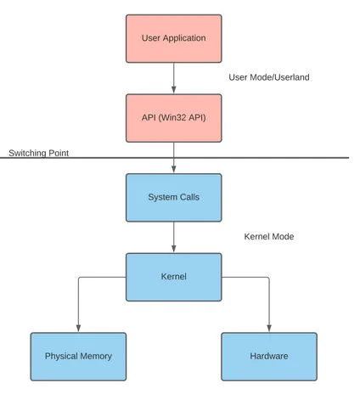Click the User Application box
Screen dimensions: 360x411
(174, 38)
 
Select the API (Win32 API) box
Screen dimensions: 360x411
(174, 118)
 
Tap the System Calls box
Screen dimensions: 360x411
(174, 198)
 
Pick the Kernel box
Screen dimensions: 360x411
(174, 277)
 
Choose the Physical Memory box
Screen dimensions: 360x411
(78, 357)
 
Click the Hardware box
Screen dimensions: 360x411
(269, 357)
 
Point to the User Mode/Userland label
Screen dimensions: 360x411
(269, 77)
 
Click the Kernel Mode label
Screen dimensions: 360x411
(269, 237)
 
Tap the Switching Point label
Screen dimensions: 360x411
(39, 153)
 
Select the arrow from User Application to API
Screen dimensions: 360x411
(174, 78)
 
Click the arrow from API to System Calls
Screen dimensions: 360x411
(174, 157)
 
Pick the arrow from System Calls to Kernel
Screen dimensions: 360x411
(174, 237)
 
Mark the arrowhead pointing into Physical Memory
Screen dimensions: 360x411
(78, 328)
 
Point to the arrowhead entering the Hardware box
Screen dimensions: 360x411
(269, 328)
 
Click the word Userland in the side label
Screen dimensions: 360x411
(292, 77)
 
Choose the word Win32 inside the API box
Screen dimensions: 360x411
(172, 117)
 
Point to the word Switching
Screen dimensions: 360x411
(28, 153)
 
